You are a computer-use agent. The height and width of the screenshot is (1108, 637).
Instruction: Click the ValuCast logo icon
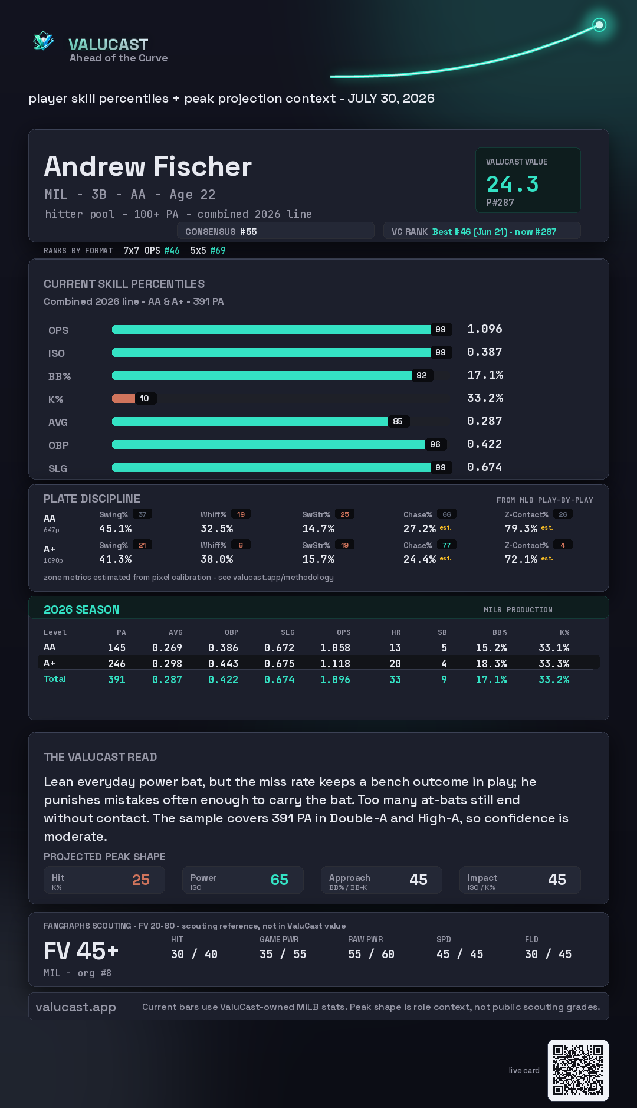point(43,41)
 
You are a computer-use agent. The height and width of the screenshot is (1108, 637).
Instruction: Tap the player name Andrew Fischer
point(148,166)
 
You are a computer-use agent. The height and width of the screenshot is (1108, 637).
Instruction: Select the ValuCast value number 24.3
point(513,184)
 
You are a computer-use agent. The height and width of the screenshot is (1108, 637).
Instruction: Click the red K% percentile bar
point(123,398)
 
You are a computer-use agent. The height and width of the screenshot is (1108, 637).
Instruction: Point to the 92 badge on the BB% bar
point(422,375)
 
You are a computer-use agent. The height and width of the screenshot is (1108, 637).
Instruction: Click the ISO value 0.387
point(485,352)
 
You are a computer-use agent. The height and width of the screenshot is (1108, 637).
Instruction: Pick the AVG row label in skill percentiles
point(58,422)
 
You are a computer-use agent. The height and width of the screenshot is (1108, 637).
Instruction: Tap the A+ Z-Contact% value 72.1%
point(521,559)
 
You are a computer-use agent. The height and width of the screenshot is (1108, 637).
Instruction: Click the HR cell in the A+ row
point(395,664)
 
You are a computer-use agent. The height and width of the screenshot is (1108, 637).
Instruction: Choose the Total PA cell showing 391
point(117,680)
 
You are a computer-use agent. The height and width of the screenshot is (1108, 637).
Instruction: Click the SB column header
point(442,632)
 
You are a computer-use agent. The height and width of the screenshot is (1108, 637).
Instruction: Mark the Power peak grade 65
point(280,880)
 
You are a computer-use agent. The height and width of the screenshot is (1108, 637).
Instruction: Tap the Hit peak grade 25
point(141,880)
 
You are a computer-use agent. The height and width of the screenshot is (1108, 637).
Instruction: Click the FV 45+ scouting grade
point(81,951)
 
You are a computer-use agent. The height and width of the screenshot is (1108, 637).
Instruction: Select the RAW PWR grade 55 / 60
point(371,954)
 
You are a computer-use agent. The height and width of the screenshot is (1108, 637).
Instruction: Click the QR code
point(578,1070)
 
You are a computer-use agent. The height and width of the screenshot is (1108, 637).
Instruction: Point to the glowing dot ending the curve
point(599,25)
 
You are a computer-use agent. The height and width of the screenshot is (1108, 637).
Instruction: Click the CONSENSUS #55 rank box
point(275,231)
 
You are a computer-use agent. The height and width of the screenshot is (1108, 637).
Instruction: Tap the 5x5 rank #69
point(218,250)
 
